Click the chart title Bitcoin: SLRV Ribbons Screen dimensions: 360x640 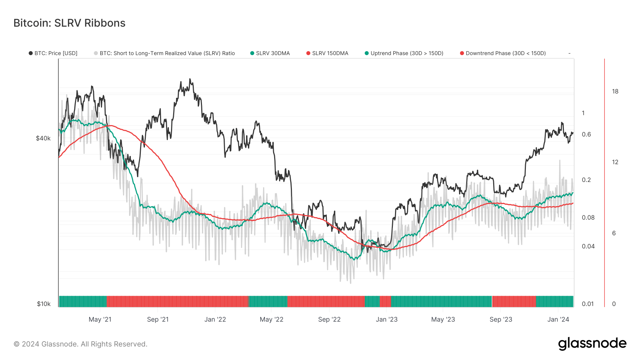click(x=69, y=23)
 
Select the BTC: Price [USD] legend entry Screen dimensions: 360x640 click(x=53, y=53)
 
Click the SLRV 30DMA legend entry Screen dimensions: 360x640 click(x=270, y=53)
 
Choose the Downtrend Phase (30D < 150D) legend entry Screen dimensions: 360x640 click(x=503, y=53)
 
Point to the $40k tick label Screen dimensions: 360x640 click(x=43, y=138)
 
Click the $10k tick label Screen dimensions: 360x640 click(x=43, y=304)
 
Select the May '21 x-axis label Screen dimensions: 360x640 click(x=100, y=319)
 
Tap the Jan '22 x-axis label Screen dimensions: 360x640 click(x=215, y=319)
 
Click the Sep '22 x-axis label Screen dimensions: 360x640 click(x=329, y=319)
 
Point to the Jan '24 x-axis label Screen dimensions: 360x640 click(x=558, y=319)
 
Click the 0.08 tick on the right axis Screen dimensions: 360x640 click(x=588, y=217)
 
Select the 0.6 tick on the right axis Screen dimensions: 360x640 click(x=586, y=134)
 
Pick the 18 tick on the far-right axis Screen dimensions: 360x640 click(x=615, y=91)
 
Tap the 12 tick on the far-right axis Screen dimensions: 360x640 click(x=615, y=162)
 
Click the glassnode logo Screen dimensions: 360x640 click(x=592, y=344)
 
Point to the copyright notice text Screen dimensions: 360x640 click(x=80, y=344)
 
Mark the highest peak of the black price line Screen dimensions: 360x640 click(x=190, y=79)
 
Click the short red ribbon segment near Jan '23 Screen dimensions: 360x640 click(x=385, y=301)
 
